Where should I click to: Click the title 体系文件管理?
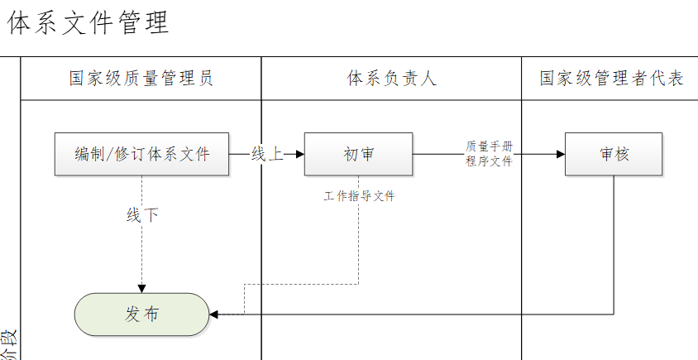[x=88, y=23]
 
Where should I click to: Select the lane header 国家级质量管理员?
[x=141, y=79]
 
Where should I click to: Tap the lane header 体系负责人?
[x=391, y=79]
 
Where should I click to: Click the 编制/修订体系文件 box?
[x=141, y=154]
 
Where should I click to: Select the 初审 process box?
[x=358, y=154]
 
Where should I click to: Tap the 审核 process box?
[x=614, y=154]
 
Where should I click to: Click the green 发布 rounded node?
[x=141, y=314]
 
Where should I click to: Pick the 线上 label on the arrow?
[x=266, y=154]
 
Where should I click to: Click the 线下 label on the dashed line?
[x=141, y=215]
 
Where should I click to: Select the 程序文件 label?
[x=489, y=161]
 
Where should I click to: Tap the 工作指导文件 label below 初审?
[x=359, y=197]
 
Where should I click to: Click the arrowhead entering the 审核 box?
[x=560, y=154]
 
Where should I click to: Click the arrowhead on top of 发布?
[x=141, y=288]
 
